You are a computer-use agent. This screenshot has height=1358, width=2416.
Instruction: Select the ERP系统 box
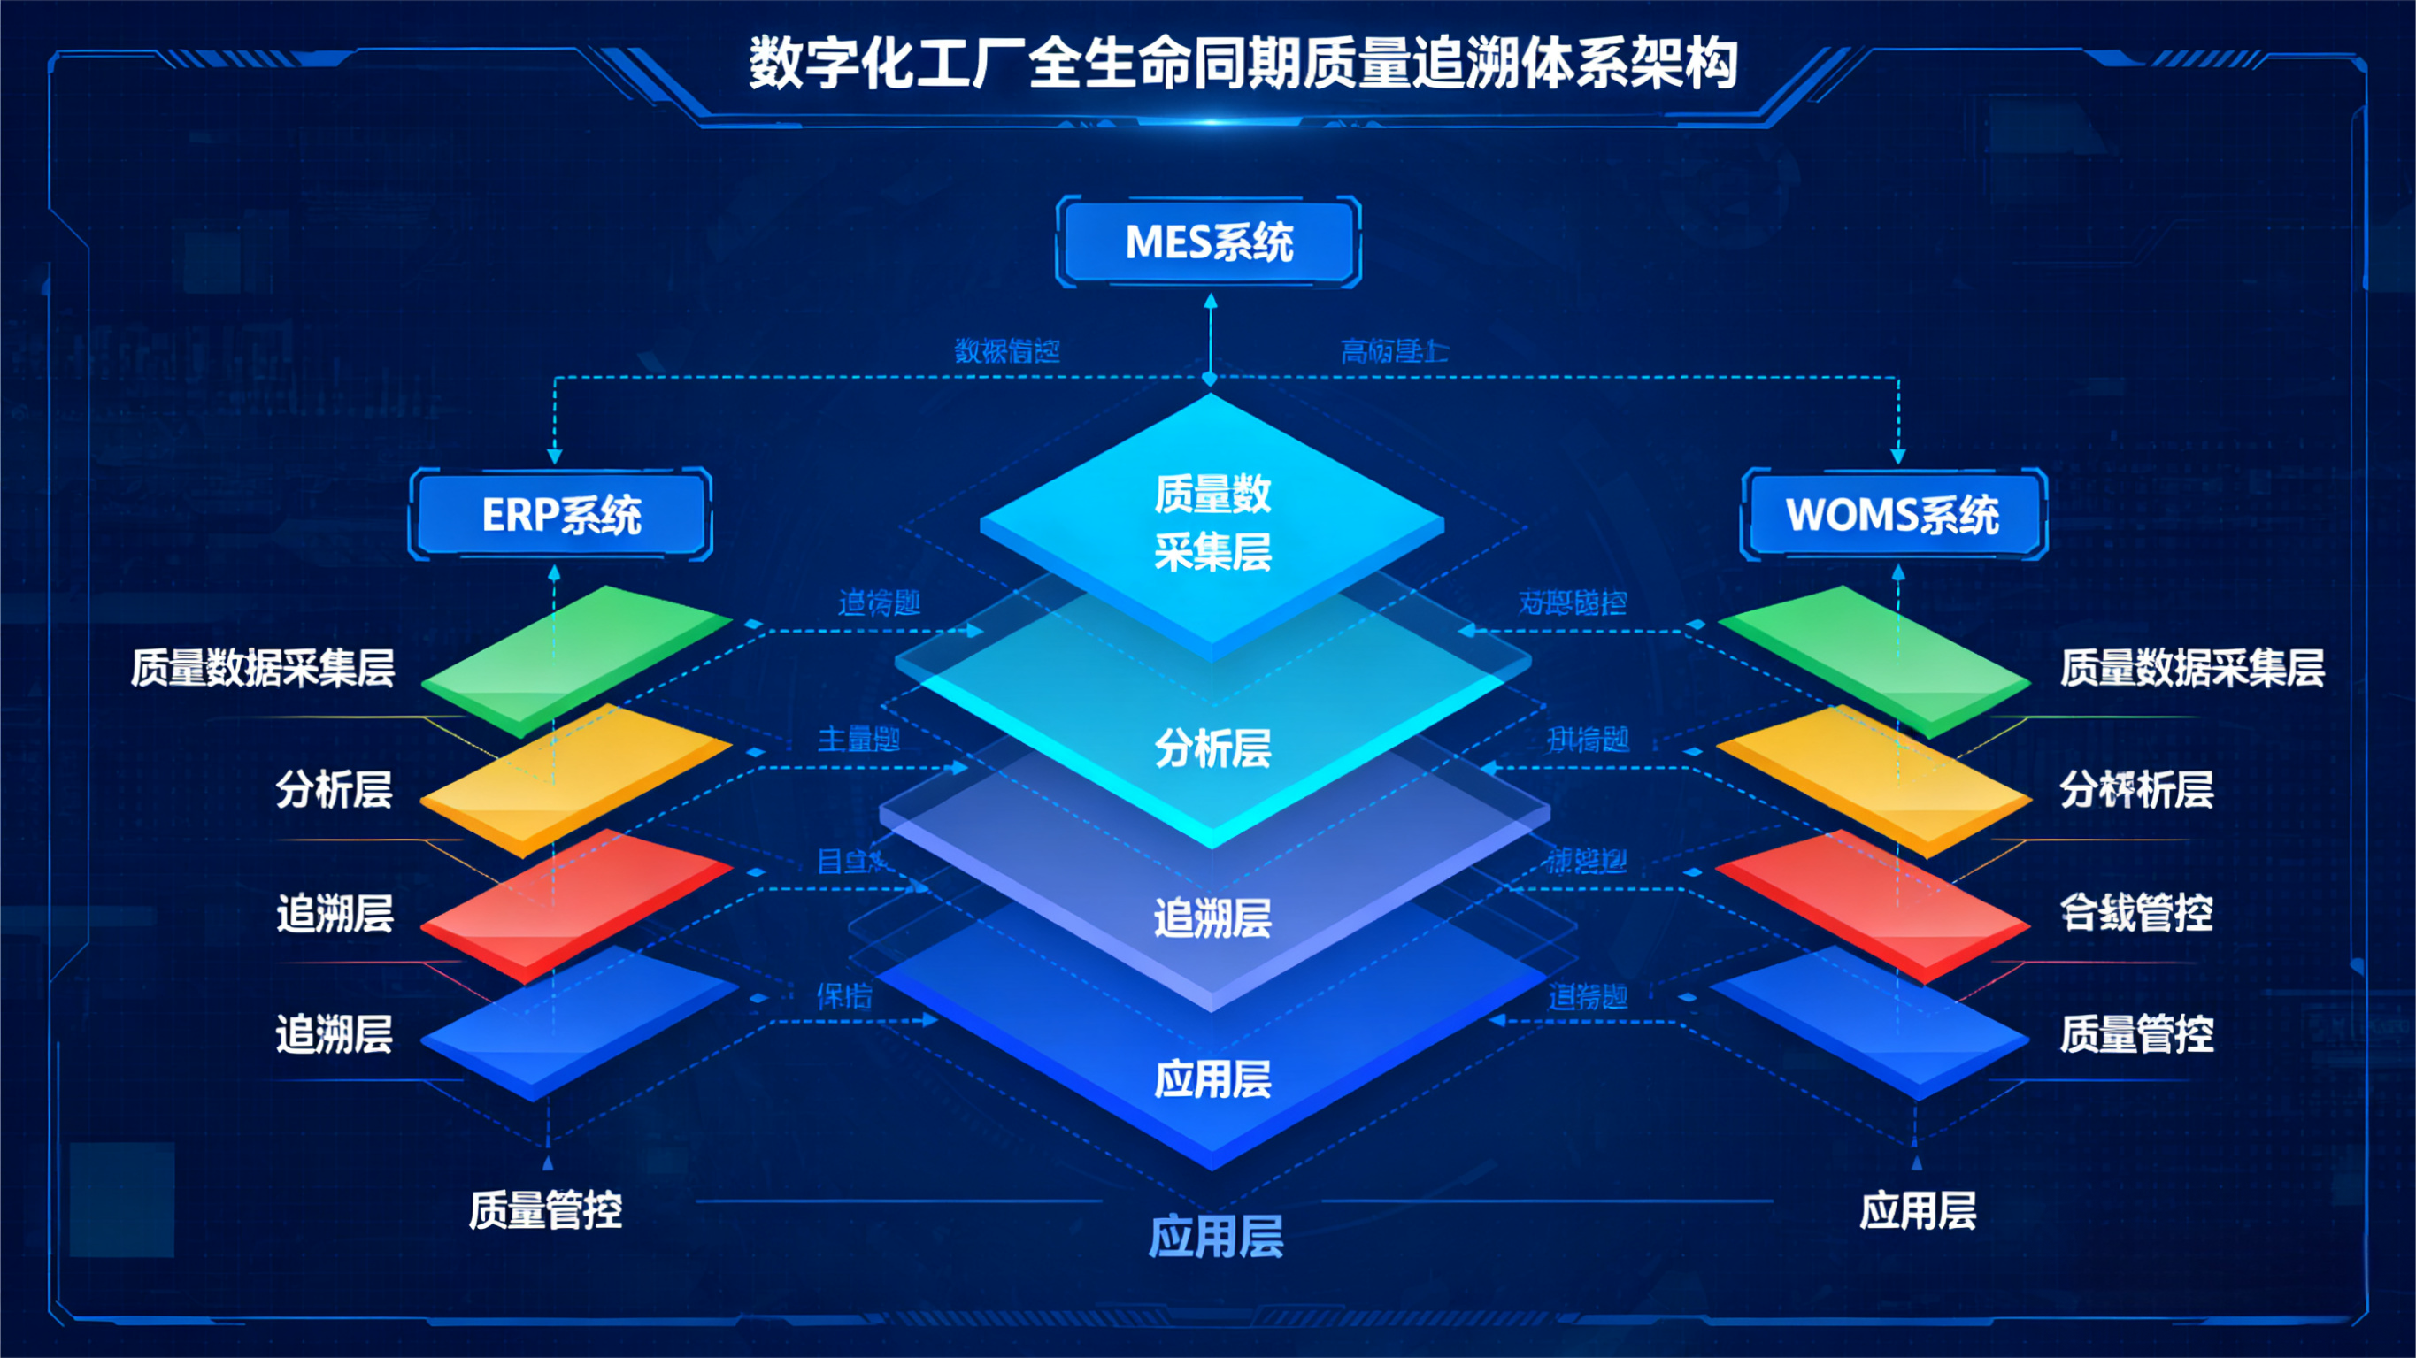coord(561,514)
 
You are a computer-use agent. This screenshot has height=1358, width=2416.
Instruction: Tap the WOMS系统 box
coord(1893,514)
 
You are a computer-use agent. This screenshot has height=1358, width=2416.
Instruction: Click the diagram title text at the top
coord(1242,64)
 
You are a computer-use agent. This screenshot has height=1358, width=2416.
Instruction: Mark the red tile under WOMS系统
coord(1874,905)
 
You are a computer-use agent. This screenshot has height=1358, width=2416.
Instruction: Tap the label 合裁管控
coord(2135,912)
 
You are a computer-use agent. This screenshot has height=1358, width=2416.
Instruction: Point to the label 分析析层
coord(2135,790)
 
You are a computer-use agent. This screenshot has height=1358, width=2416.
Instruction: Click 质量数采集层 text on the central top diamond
coord(1212,521)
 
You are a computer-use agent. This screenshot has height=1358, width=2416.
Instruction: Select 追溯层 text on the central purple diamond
coord(1212,917)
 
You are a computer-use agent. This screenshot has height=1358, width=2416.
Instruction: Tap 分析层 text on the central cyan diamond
coord(1212,748)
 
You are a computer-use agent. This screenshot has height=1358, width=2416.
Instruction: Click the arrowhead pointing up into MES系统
coord(1210,301)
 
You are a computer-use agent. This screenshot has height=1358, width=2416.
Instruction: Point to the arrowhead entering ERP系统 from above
coord(554,457)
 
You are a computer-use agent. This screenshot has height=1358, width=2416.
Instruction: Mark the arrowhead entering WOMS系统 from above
coord(1898,457)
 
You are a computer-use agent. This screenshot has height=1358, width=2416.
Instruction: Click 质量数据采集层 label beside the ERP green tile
coord(263,668)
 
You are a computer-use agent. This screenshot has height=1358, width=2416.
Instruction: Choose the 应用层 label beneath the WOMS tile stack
coord(1918,1210)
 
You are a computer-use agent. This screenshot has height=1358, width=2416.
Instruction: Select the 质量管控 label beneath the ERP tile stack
coord(545,1210)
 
